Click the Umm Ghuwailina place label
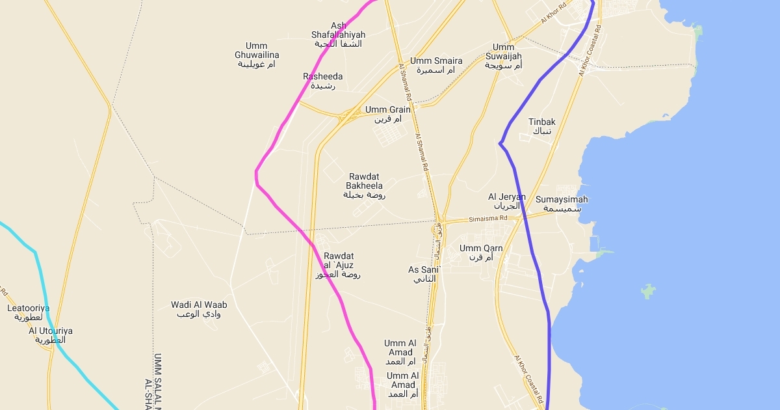(x=257, y=55)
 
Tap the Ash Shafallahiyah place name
(x=338, y=34)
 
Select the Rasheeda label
(x=322, y=81)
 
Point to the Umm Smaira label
(x=436, y=65)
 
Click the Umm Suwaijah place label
(x=504, y=57)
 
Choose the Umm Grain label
(x=388, y=115)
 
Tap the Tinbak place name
(x=542, y=126)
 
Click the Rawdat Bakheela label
(x=365, y=185)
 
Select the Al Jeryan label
(x=507, y=201)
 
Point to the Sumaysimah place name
(x=562, y=204)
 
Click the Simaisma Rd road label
(x=489, y=219)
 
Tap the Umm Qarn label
(x=481, y=253)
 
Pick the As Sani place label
(x=424, y=274)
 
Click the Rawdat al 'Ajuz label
(x=339, y=265)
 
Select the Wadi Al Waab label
(x=199, y=309)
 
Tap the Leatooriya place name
(x=29, y=312)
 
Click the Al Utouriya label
(x=51, y=335)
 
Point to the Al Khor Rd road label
(x=554, y=13)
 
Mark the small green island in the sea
(x=648, y=291)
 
